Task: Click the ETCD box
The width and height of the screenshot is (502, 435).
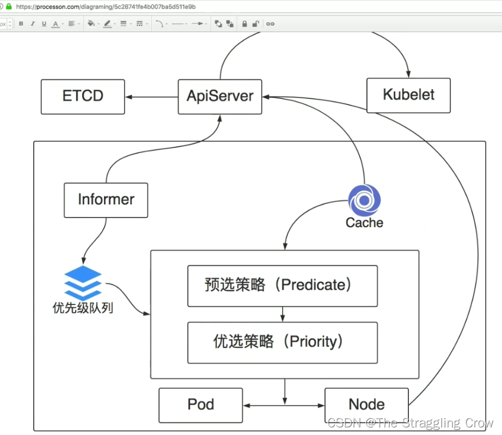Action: coord(83,97)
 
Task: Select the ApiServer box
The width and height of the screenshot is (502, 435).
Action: coord(220,97)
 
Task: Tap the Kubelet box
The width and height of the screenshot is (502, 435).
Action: coord(408,95)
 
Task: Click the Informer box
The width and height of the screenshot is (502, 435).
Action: coord(106,200)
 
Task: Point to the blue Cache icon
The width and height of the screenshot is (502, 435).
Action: coord(364,201)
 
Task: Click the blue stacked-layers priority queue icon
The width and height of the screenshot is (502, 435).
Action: coord(83,282)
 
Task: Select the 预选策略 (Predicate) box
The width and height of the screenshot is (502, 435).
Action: coord(282,285)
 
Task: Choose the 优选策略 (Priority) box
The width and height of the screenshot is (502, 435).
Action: coord(282,342)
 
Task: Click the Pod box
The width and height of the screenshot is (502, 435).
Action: coord(200,405)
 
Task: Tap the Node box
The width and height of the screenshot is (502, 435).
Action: coord(366,405)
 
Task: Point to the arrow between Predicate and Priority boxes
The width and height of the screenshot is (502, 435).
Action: coord(283,314)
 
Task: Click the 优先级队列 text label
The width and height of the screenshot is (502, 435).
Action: coord(83,308)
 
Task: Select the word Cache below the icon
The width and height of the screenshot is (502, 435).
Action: coord(364,222)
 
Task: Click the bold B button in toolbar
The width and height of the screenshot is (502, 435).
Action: coord(21,24)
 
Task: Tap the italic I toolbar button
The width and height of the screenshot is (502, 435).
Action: coord(33,24)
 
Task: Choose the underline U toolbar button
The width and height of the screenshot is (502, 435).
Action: coord(44,24)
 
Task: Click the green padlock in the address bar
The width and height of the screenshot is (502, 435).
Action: coord(9,7)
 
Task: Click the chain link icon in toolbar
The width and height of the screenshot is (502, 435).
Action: coord(270,24)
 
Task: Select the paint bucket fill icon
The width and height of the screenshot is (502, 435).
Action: coord(91,24)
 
